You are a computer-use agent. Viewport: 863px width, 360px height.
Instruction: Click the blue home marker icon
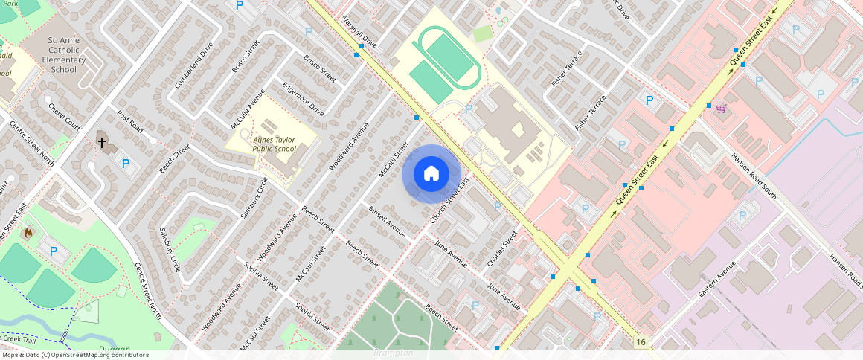(x=431, y=174)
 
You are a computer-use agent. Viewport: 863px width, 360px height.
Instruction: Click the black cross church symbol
(x=103, y=141)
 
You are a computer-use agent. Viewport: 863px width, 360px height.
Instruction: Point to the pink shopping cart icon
(x=721, y=109)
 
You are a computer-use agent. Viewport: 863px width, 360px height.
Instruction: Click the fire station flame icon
(x=29, y=233)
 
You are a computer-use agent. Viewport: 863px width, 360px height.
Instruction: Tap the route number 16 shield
(x=641, y=341)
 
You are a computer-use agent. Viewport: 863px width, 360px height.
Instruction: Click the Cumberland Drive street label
(x=194, y=65)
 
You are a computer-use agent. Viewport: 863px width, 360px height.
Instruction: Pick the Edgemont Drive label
(x=304, y=99)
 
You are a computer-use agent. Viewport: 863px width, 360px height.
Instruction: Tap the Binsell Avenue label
(x=388, y=222)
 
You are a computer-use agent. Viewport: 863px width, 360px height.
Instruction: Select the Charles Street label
(x=502, y=250)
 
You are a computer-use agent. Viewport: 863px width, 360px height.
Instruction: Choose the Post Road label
(x=130, y=121)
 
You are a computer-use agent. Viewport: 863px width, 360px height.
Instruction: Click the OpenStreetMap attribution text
(x=74, y=355)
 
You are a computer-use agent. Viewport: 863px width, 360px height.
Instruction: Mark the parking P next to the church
(x=126, y=164)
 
